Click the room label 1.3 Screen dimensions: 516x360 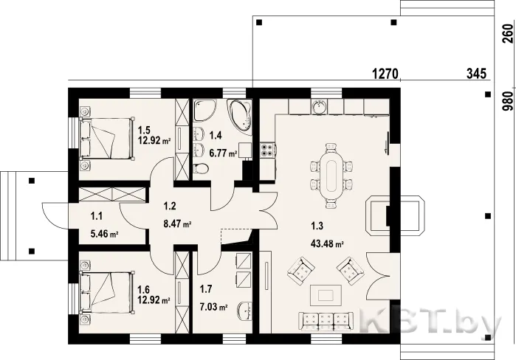tap(317, 226)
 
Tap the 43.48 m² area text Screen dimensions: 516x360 tap(327, 244)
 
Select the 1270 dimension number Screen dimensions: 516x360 tap(385, 73)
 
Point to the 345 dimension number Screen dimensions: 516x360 tap(476, 73)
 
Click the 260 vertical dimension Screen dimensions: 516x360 tap(508, 33)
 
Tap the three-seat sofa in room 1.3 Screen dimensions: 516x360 tap(326, 321)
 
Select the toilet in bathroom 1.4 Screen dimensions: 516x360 tap(200, 170)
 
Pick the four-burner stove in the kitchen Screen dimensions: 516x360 tap(267, 150)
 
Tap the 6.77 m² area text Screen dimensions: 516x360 tap(224, 153)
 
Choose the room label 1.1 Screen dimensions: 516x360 tap(97, 216)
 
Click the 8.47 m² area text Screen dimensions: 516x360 tap(178, 224)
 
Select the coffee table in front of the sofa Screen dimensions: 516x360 tap(326, 295)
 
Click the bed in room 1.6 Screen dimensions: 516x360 tap(107, 291)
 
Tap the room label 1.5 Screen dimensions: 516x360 tap(144, 129)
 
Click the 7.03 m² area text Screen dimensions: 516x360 tap(214, 308)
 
